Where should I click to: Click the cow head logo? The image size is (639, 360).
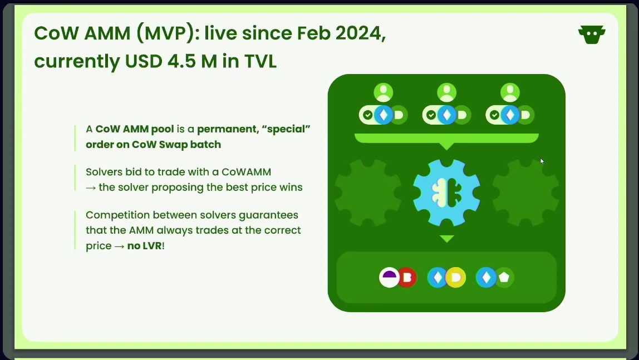pos(592,34)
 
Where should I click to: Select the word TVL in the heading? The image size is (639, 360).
pos(260,61)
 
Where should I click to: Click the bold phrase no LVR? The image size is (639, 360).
pos(145,245)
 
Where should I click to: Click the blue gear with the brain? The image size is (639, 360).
pos(446,193)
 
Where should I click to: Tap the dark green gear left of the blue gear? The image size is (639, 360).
pos(368,193)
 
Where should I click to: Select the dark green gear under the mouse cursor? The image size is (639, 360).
pos(525,193)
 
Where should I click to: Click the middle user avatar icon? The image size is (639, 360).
pos(446,92)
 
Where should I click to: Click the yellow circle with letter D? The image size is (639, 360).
pos(456,278)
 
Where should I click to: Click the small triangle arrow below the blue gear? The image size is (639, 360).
pos(447,238)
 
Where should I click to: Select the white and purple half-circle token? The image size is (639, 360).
pos(389,278)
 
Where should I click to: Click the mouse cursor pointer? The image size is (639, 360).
pos(542,161)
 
